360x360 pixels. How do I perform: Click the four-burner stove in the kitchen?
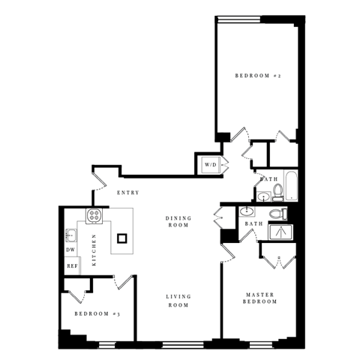(x=94, y=217)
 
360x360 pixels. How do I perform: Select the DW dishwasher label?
(x=70, y=250)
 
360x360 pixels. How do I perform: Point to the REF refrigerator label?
(x=72, y=265)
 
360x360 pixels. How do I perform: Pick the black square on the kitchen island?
(x=122, y=238)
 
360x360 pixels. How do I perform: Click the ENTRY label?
(x=128, y=193)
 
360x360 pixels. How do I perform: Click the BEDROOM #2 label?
(x=256, y=76)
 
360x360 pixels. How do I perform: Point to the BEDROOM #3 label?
(x=97, y=313)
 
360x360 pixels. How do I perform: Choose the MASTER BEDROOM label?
(x=261, y=297)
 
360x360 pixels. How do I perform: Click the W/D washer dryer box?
(x=209, y=165)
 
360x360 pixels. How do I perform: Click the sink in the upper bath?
(x=262, y=197)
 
